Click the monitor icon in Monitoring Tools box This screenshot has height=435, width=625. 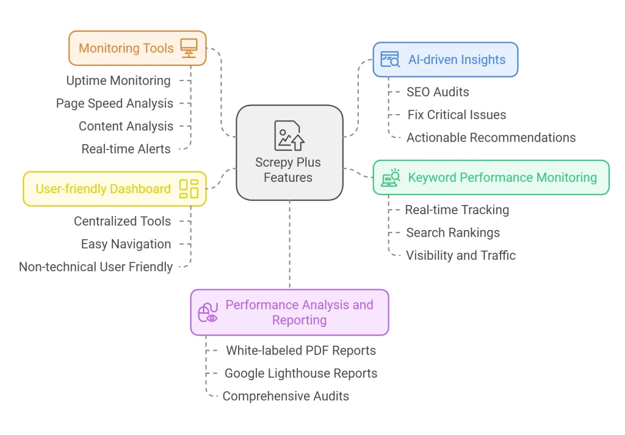click(x=189, y=48)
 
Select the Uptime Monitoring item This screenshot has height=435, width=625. click(x=118, y=81)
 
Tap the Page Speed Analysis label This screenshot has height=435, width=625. click(x=115, y=104)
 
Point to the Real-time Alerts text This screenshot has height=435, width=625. click(x=126, y=149)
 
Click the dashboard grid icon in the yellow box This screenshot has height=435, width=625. click(x=189, y=189)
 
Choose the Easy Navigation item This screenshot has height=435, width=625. click(x=126, y=244)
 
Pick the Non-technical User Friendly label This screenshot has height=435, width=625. click(x=96, y=267)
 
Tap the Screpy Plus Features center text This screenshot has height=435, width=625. click(x=288, y=170)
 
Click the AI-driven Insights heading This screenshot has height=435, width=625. click(x=457, y=60)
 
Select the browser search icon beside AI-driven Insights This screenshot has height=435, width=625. click(x=390, y=59)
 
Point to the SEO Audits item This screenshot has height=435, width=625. click(x=438, y=92)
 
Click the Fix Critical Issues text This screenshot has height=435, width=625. click(x=457, y=115)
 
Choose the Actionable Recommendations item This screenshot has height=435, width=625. click(x=491, y=137)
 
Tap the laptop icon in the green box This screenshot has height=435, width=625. click(x=391, y=178)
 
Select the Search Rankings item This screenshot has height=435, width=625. click(x=453, y=232)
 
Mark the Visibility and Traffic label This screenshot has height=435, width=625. click(x=461, y=255)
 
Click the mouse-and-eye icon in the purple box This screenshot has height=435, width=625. click(x=208, y=312)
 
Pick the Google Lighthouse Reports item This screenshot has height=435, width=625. click(x=301, y=373)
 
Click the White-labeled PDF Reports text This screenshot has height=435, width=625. click(x=301, y=350)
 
